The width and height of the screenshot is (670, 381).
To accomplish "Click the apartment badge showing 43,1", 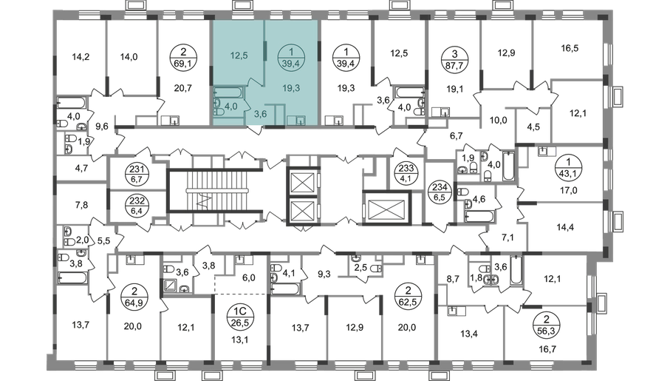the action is tap(568, 168).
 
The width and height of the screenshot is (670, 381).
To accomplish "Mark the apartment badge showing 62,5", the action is tap(408, 295).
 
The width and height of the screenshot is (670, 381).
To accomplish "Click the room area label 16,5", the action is tap(570, 48).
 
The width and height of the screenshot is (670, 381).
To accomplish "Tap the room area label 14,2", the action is tap(81, 56).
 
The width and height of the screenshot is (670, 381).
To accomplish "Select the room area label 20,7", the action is tap(183, 88).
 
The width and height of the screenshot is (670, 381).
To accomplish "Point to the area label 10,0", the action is tap(498, 121).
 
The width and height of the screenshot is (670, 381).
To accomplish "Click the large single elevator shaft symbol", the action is tap(386, 209).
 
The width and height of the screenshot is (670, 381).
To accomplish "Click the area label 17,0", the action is tap(568, 191).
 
